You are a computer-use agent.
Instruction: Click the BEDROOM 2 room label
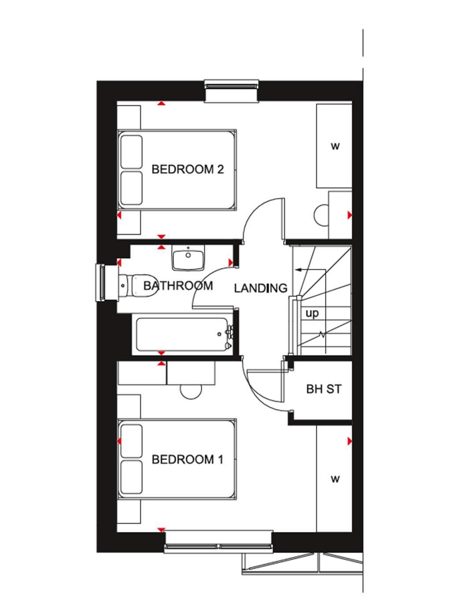click(x=188, y=169)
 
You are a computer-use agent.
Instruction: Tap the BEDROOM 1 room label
click(x=188, y=460)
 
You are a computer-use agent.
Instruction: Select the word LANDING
click(x=260, y=288)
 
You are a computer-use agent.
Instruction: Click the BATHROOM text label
click(x=178, y=286)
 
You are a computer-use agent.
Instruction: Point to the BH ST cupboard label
click(x=324, y=389)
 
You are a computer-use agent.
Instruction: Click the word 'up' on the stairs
click(x=312, y=313)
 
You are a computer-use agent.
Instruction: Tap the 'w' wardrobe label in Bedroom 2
click(x=335, y=146)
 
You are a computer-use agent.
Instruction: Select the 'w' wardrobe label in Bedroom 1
click(x=335, y=479)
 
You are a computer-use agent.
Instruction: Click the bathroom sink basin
click(x=189, y=259)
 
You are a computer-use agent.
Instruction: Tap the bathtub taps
click(x=229, y=337)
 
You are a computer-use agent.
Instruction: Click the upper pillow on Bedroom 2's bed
click(x=131, y=152)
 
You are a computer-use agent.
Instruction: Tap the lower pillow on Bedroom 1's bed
click(x=131, y=477)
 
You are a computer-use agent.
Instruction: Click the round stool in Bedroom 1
click(x=191, y=390)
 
